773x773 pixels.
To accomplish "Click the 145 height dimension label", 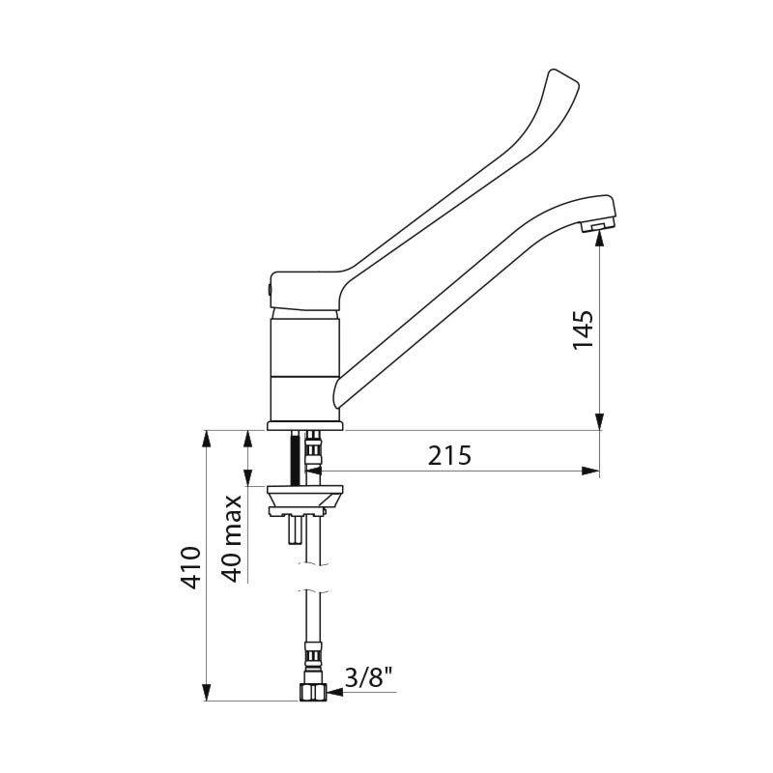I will (x=584, y=330).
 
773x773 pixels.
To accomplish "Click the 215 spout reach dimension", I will (x=450, y=455).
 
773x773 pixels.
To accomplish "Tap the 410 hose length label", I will (x=189, y=567).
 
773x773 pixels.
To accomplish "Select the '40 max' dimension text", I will (x=232, y=539).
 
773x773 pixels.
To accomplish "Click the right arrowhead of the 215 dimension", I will (x=588, y=471).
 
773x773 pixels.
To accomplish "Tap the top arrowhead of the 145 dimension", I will (x=600, y=243).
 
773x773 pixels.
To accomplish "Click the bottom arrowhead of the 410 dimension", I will (x=206, y=692).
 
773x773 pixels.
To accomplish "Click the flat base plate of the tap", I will (x=305, y=426).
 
